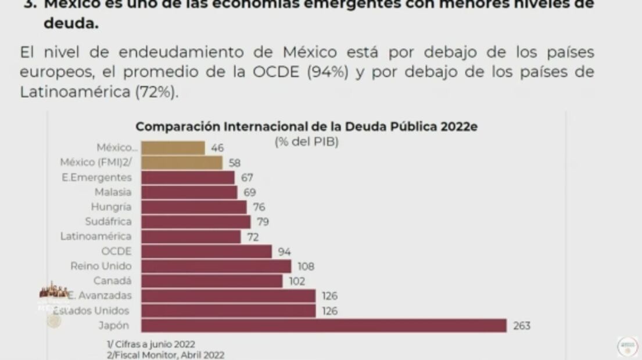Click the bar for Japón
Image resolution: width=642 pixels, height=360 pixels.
click(x=324, y=325)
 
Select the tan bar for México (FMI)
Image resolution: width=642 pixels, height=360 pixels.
click(x=182, y=163)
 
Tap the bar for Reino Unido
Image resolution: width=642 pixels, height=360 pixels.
click(x=216, y=266)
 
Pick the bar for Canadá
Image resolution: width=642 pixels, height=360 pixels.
click(x=211, y=281)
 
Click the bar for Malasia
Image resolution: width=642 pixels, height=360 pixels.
click(x=189, y=192)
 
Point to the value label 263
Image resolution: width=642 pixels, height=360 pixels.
click(x=521, y=326)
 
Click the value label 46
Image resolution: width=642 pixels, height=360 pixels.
click(x=217, y=148)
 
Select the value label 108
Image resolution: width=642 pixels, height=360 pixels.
click(x=306, y=267)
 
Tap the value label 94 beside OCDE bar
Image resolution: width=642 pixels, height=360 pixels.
click(x=284, y=252)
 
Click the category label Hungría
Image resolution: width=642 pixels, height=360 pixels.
click(x=111, y=207)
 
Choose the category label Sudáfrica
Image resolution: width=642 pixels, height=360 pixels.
click(x=108, y=221)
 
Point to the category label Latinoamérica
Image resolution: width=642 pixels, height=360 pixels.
click(x=96, y=236)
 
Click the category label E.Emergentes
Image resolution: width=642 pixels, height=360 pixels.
click(x=96, y=177)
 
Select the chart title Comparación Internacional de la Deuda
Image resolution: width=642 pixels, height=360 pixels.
click(x=306, y=127)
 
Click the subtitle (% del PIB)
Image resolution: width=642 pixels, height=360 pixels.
click(x=306, y=142)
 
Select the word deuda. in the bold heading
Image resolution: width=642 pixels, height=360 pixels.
click(x=71, y=24)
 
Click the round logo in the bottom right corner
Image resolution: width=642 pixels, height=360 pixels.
click(x=627, y=346)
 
